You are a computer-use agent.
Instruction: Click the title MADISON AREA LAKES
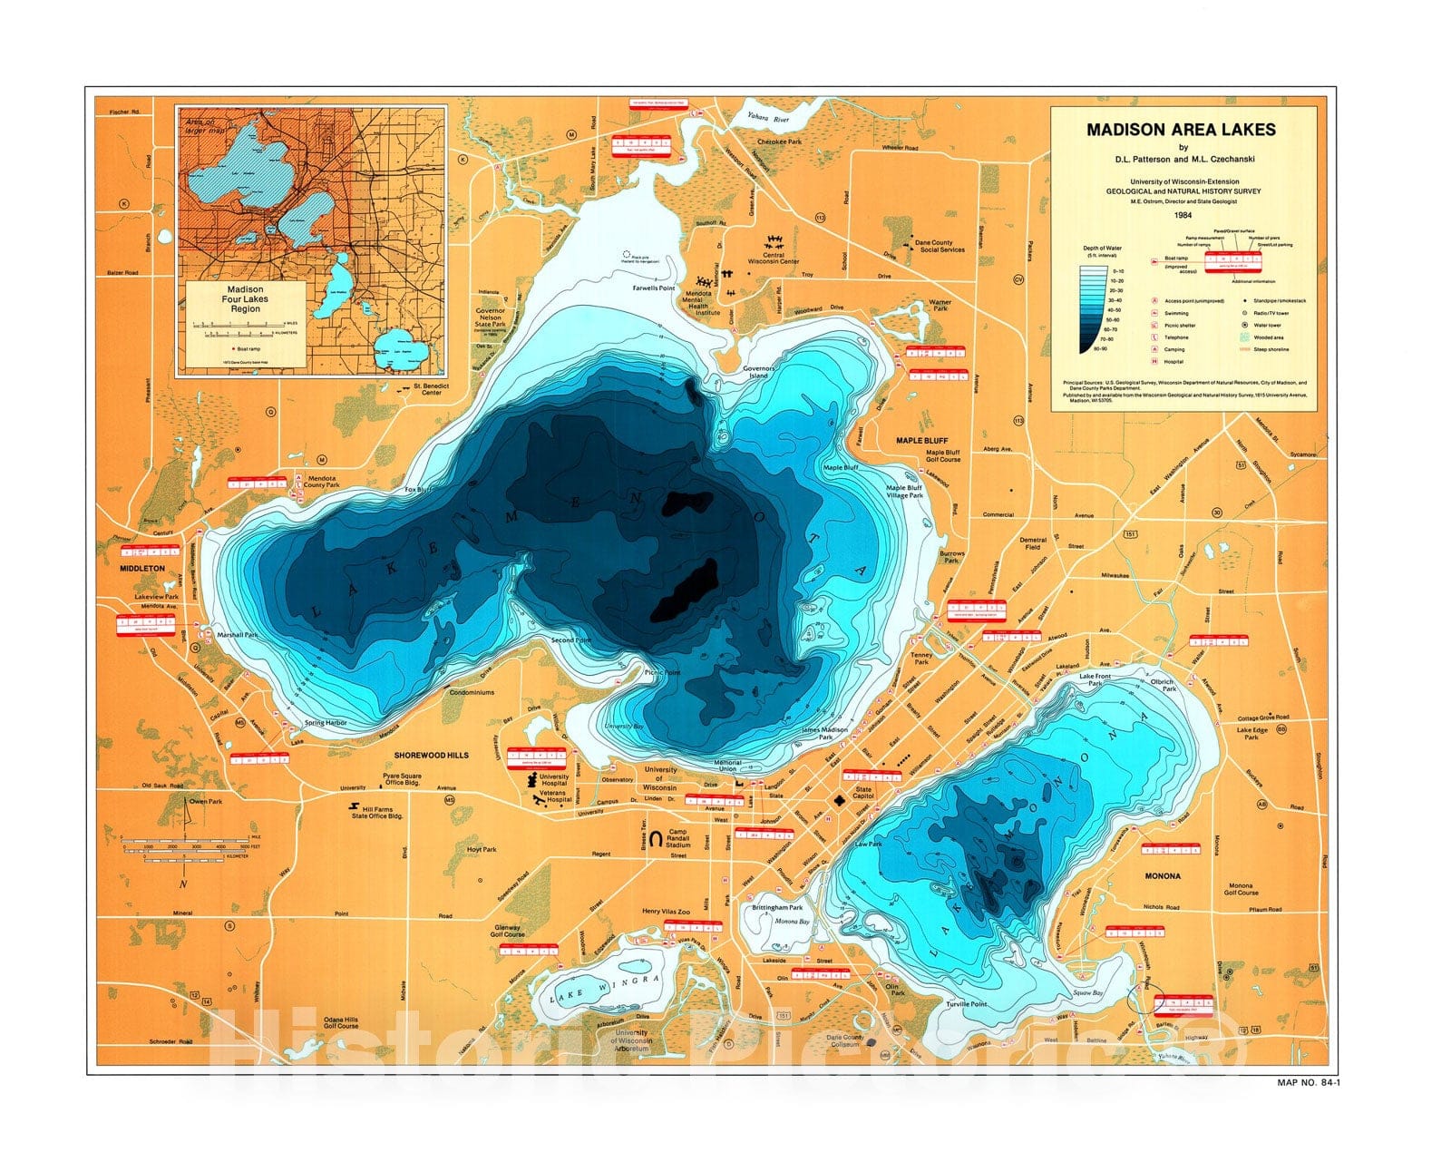tap(1181, 129)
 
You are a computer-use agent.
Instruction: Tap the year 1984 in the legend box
tap(1182, 216)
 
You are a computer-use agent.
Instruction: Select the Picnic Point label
tap(662, 672)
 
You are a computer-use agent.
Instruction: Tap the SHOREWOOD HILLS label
tap(431, 754)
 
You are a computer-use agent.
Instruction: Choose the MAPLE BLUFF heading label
tap(922, 441)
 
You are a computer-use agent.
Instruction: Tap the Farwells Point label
tap(654, 288)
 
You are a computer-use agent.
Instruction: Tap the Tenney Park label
tap(921, 658)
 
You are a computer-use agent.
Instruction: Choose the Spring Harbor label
tap(326, 723)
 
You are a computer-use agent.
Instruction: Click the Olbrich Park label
tap(1163, 684)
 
